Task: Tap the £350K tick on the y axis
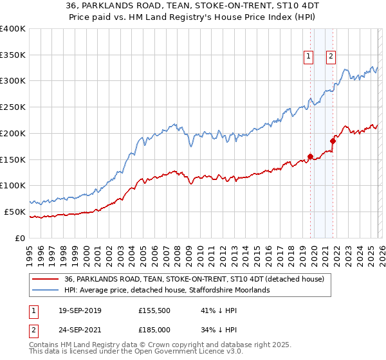[13, 55]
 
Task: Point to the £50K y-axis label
[14, 212]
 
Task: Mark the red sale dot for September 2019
[310, 156]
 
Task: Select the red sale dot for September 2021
[333, 141]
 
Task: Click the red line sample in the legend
[46, 279]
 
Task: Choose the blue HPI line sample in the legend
[46, 290]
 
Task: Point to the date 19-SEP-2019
[75, 310]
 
